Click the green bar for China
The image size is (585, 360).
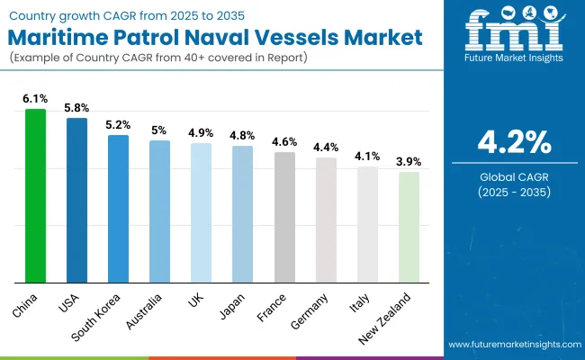[35, 195]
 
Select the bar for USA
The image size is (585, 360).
[76, 200]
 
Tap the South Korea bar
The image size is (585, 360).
[118, 208]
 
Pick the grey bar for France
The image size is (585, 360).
[284, 217]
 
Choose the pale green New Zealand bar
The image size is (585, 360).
[409, 227]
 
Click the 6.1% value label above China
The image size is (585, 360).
[35, 97]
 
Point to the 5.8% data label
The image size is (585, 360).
[76, 106]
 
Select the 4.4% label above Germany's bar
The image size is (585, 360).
[326, 147]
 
